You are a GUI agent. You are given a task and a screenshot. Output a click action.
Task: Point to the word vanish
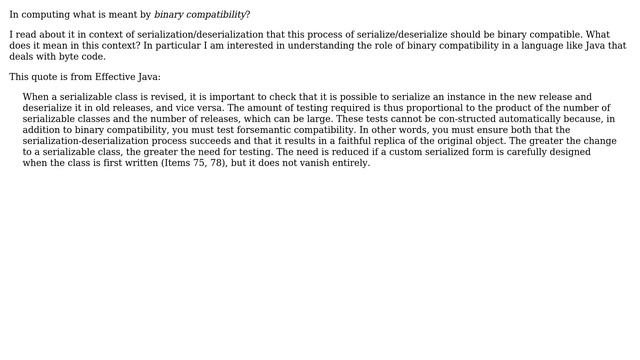click(x=315, y=163)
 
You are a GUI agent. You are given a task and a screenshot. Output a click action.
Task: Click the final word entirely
click(x=351, y=163)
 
